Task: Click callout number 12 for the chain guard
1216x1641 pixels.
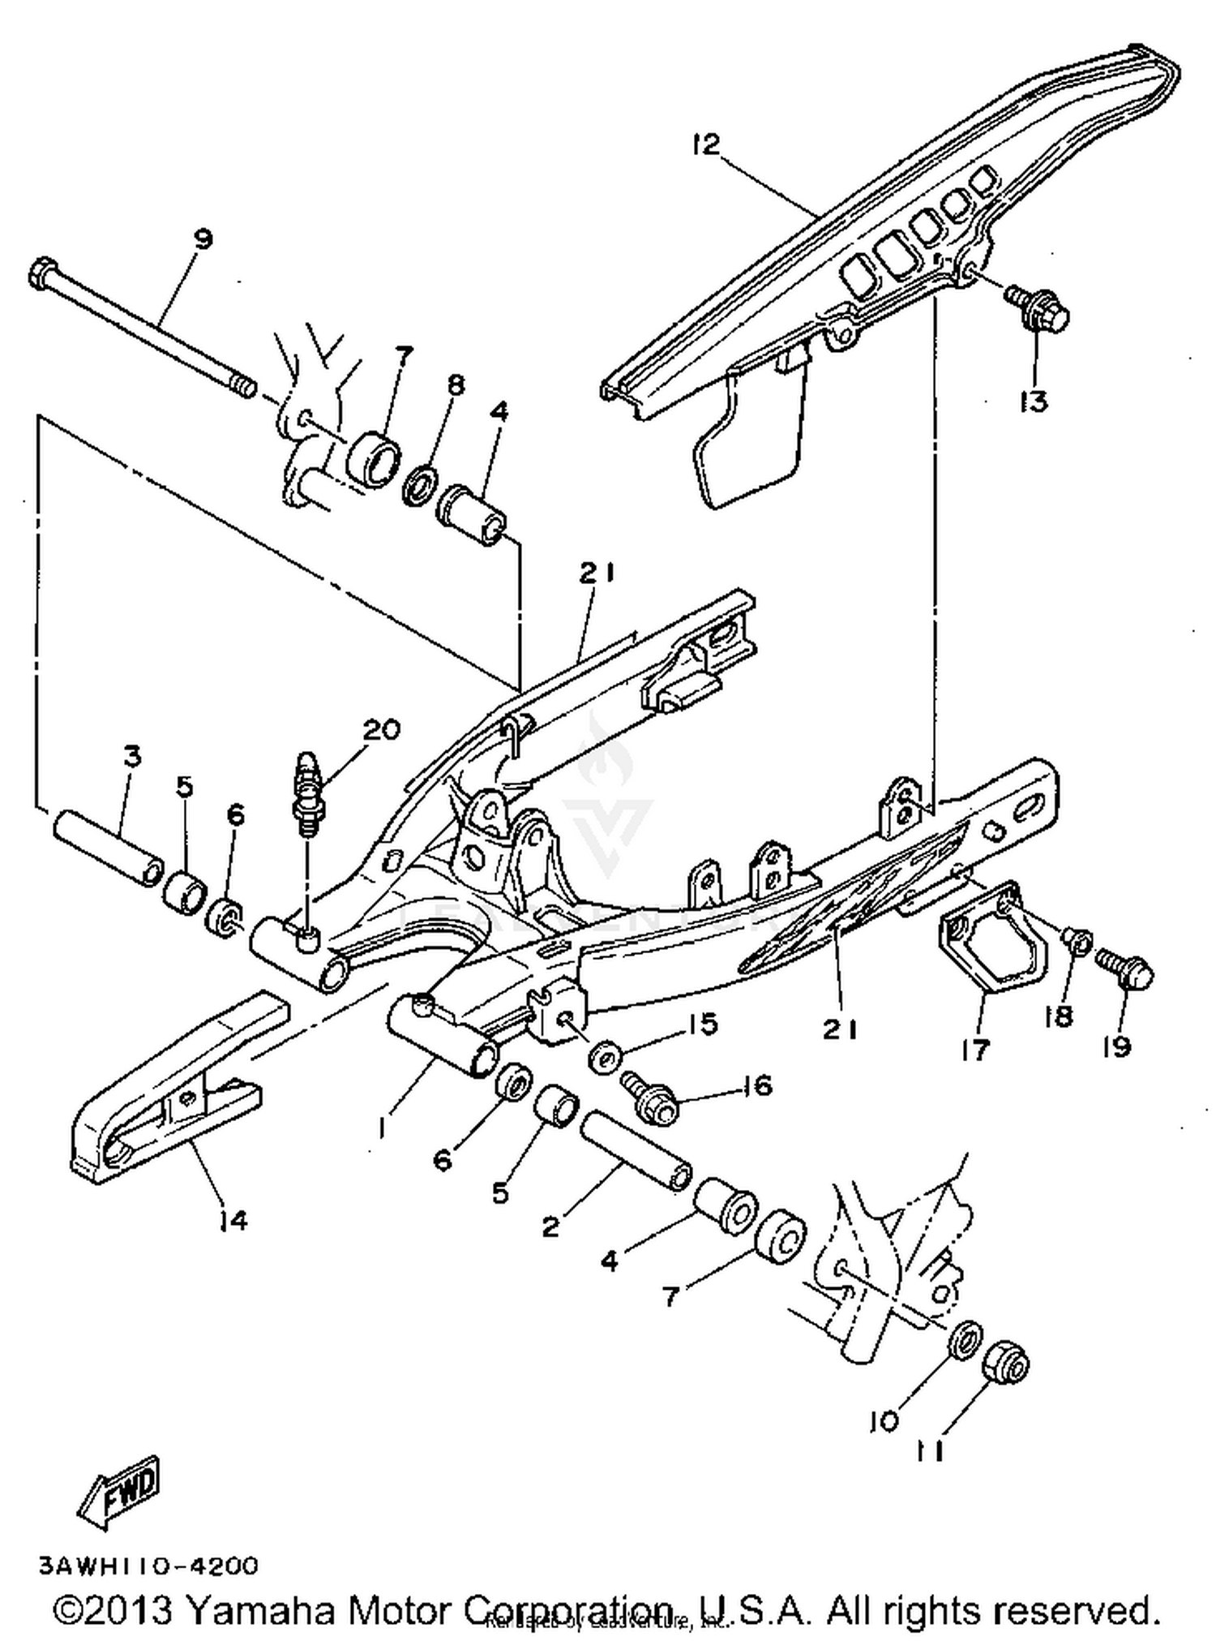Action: pyautogui.click(x=705, y=145)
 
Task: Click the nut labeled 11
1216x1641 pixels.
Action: pyautogui.click(x=1005, y=1365)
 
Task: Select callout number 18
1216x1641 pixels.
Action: pyautogui.click(x=1058, y=1015)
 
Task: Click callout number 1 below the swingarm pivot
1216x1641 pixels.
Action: pyautogui.click(x=383, y=1128)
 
